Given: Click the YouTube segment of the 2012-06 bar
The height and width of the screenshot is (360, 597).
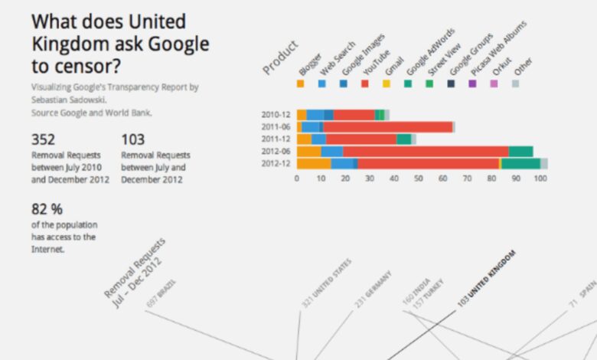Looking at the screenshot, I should click(x=425, y=152).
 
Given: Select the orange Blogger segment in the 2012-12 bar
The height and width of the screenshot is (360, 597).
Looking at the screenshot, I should click(x=314, y=163).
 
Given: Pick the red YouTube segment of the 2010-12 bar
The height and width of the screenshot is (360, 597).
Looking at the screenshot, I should click(x=354, y=115).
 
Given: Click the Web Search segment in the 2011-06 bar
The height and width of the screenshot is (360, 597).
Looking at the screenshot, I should click(x=310, y=127).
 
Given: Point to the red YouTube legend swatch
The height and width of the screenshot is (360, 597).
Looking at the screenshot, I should click(x=365, y=83).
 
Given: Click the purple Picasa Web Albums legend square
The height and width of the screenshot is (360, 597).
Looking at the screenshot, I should click(x=472, y=83).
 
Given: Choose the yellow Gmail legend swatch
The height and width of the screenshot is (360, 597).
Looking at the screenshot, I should click(x=387, y=83).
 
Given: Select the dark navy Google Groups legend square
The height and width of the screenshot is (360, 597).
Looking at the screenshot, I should click(x=451, y=83).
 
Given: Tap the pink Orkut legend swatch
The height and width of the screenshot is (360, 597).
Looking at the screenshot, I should click(x=494, y=83).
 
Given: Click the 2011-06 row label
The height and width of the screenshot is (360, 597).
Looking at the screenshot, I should click(x=276, y=127).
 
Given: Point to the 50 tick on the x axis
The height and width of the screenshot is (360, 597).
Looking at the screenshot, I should click(x=419, y=178).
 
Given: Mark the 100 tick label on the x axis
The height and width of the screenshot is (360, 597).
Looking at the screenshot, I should click(x=540, y=178).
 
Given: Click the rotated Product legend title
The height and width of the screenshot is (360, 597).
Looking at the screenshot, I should click(x=280, y=57).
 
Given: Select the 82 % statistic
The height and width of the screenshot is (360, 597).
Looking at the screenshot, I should click(x=47, y=208).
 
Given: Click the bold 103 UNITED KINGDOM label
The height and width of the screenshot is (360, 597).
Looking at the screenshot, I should click(x=487, y=278).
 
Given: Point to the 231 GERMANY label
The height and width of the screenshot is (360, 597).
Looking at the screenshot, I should click(x=373, y=289).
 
